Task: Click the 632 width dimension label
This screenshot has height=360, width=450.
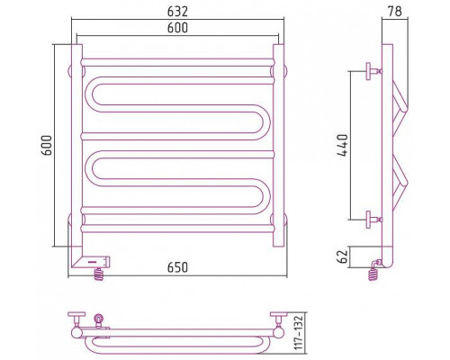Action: pyautogui.click(x=177, y=12)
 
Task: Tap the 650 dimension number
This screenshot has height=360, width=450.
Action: pyautogui.click(x=177, y=267)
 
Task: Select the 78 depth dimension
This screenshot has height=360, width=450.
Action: pyautogui.click(x=395, y=12)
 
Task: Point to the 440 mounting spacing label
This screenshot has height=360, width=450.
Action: pyautogui.click(x=343, y=145)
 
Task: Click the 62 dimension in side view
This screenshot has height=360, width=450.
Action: pyautogui.click(x=343, y=256)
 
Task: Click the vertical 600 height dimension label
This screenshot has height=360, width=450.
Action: pyautogui.click(x=47, y=146)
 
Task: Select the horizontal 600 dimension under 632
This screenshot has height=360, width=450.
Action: pyautogui.click(x=177, y=28)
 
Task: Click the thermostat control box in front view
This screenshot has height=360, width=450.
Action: pyautogui.click(x=91, y=262)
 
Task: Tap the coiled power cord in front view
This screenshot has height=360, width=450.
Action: pyautogui.click(x=99, y=274)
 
